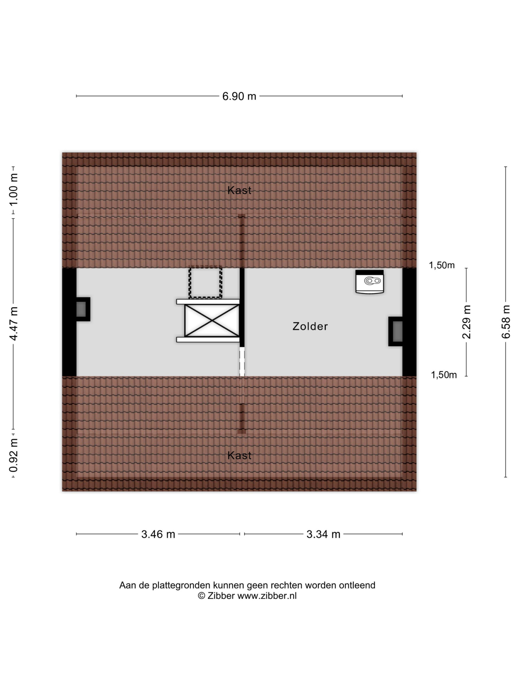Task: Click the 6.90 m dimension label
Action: (x=239, y=96)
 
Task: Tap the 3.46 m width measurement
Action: (x=158, y=534)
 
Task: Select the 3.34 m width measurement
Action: (x=323, y=534)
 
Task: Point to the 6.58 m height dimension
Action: (x=505, y=321)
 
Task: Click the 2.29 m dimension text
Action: (x=467, y=322)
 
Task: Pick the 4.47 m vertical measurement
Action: (x=14, y=323)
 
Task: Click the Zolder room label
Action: (x=310, y=326)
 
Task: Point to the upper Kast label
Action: (x=239, y=190)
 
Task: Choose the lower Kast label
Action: (x=239, y=455)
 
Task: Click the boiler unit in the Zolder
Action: (x=370, y=282)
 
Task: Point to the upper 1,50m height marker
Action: (x=441, y=265)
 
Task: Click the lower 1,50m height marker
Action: (x=444, y=375)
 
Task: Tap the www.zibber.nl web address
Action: (x=267, y=596)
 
